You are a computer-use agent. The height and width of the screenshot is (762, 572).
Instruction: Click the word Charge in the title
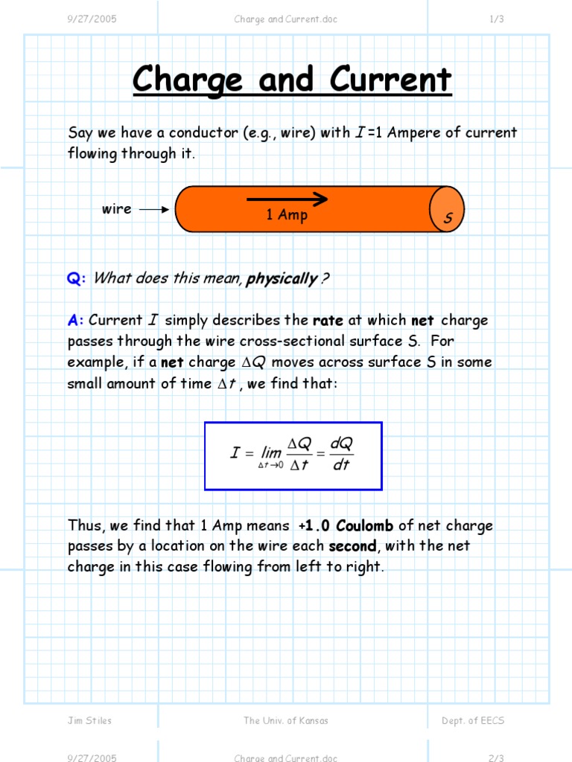188,80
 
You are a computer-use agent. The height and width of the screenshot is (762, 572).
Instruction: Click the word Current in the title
390,80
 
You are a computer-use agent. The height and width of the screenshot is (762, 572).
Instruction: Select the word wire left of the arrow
116,209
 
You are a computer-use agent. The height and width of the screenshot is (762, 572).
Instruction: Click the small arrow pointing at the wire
154,210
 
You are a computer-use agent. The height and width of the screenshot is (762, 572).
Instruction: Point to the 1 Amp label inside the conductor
287,215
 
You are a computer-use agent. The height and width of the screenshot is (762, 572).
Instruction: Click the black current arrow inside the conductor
287,199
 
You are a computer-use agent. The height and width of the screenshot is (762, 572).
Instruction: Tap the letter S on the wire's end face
448,219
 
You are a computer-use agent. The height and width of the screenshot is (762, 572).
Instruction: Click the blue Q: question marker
77,279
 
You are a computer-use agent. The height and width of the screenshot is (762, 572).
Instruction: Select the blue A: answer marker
76,321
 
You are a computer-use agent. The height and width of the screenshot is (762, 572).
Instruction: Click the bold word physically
282,279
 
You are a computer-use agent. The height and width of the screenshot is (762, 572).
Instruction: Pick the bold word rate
328,321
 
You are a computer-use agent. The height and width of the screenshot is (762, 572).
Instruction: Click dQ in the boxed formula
341,444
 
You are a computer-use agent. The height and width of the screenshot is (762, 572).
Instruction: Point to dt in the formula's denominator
341,466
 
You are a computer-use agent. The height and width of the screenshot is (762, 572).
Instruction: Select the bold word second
353,546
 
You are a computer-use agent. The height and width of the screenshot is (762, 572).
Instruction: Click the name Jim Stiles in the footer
89,720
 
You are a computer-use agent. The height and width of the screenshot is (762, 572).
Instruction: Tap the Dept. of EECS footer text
473,720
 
